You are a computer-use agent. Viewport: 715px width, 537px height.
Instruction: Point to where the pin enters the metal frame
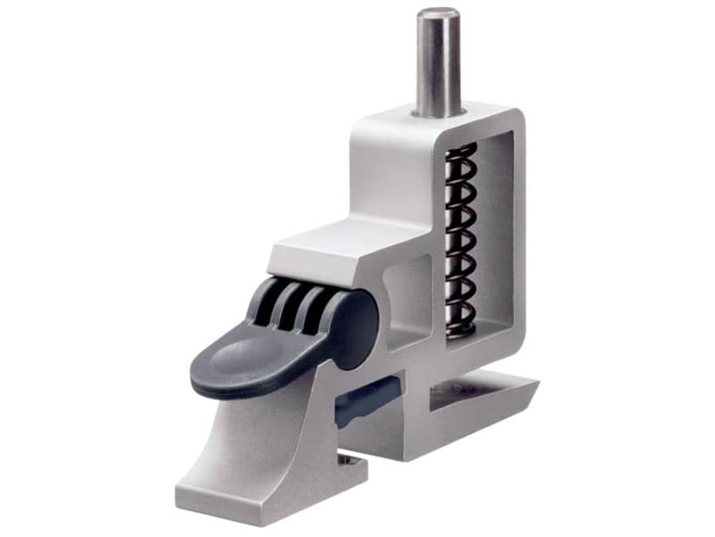438,113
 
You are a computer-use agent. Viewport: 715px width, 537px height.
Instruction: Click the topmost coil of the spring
461,150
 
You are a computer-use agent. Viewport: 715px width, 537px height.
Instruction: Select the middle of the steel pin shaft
438,63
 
